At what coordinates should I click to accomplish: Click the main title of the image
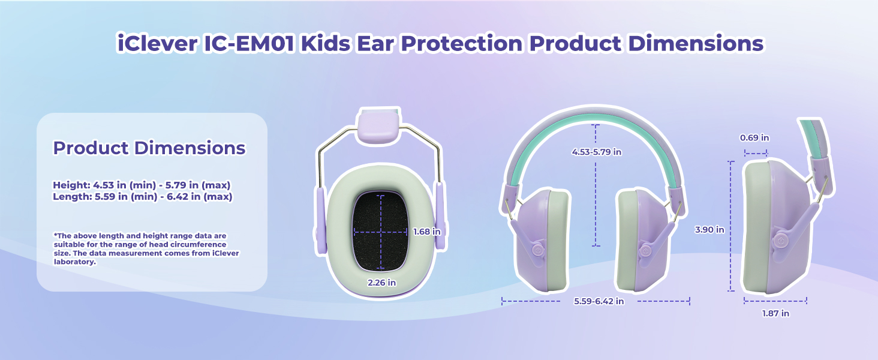439,44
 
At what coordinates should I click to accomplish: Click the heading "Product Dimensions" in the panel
149,148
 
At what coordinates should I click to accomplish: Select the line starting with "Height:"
142,185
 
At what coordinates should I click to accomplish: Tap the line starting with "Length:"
142,196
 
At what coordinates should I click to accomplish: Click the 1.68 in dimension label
427,232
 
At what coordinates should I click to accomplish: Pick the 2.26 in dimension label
381,282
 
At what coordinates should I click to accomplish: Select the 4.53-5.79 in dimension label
596,152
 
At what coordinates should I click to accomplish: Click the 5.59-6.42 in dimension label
599,301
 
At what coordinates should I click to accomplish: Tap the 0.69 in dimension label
754,138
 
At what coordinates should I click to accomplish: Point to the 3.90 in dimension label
709,229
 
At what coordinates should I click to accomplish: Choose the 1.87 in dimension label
775,313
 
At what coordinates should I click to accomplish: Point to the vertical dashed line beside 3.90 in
731,227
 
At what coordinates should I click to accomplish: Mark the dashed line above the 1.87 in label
775,300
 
